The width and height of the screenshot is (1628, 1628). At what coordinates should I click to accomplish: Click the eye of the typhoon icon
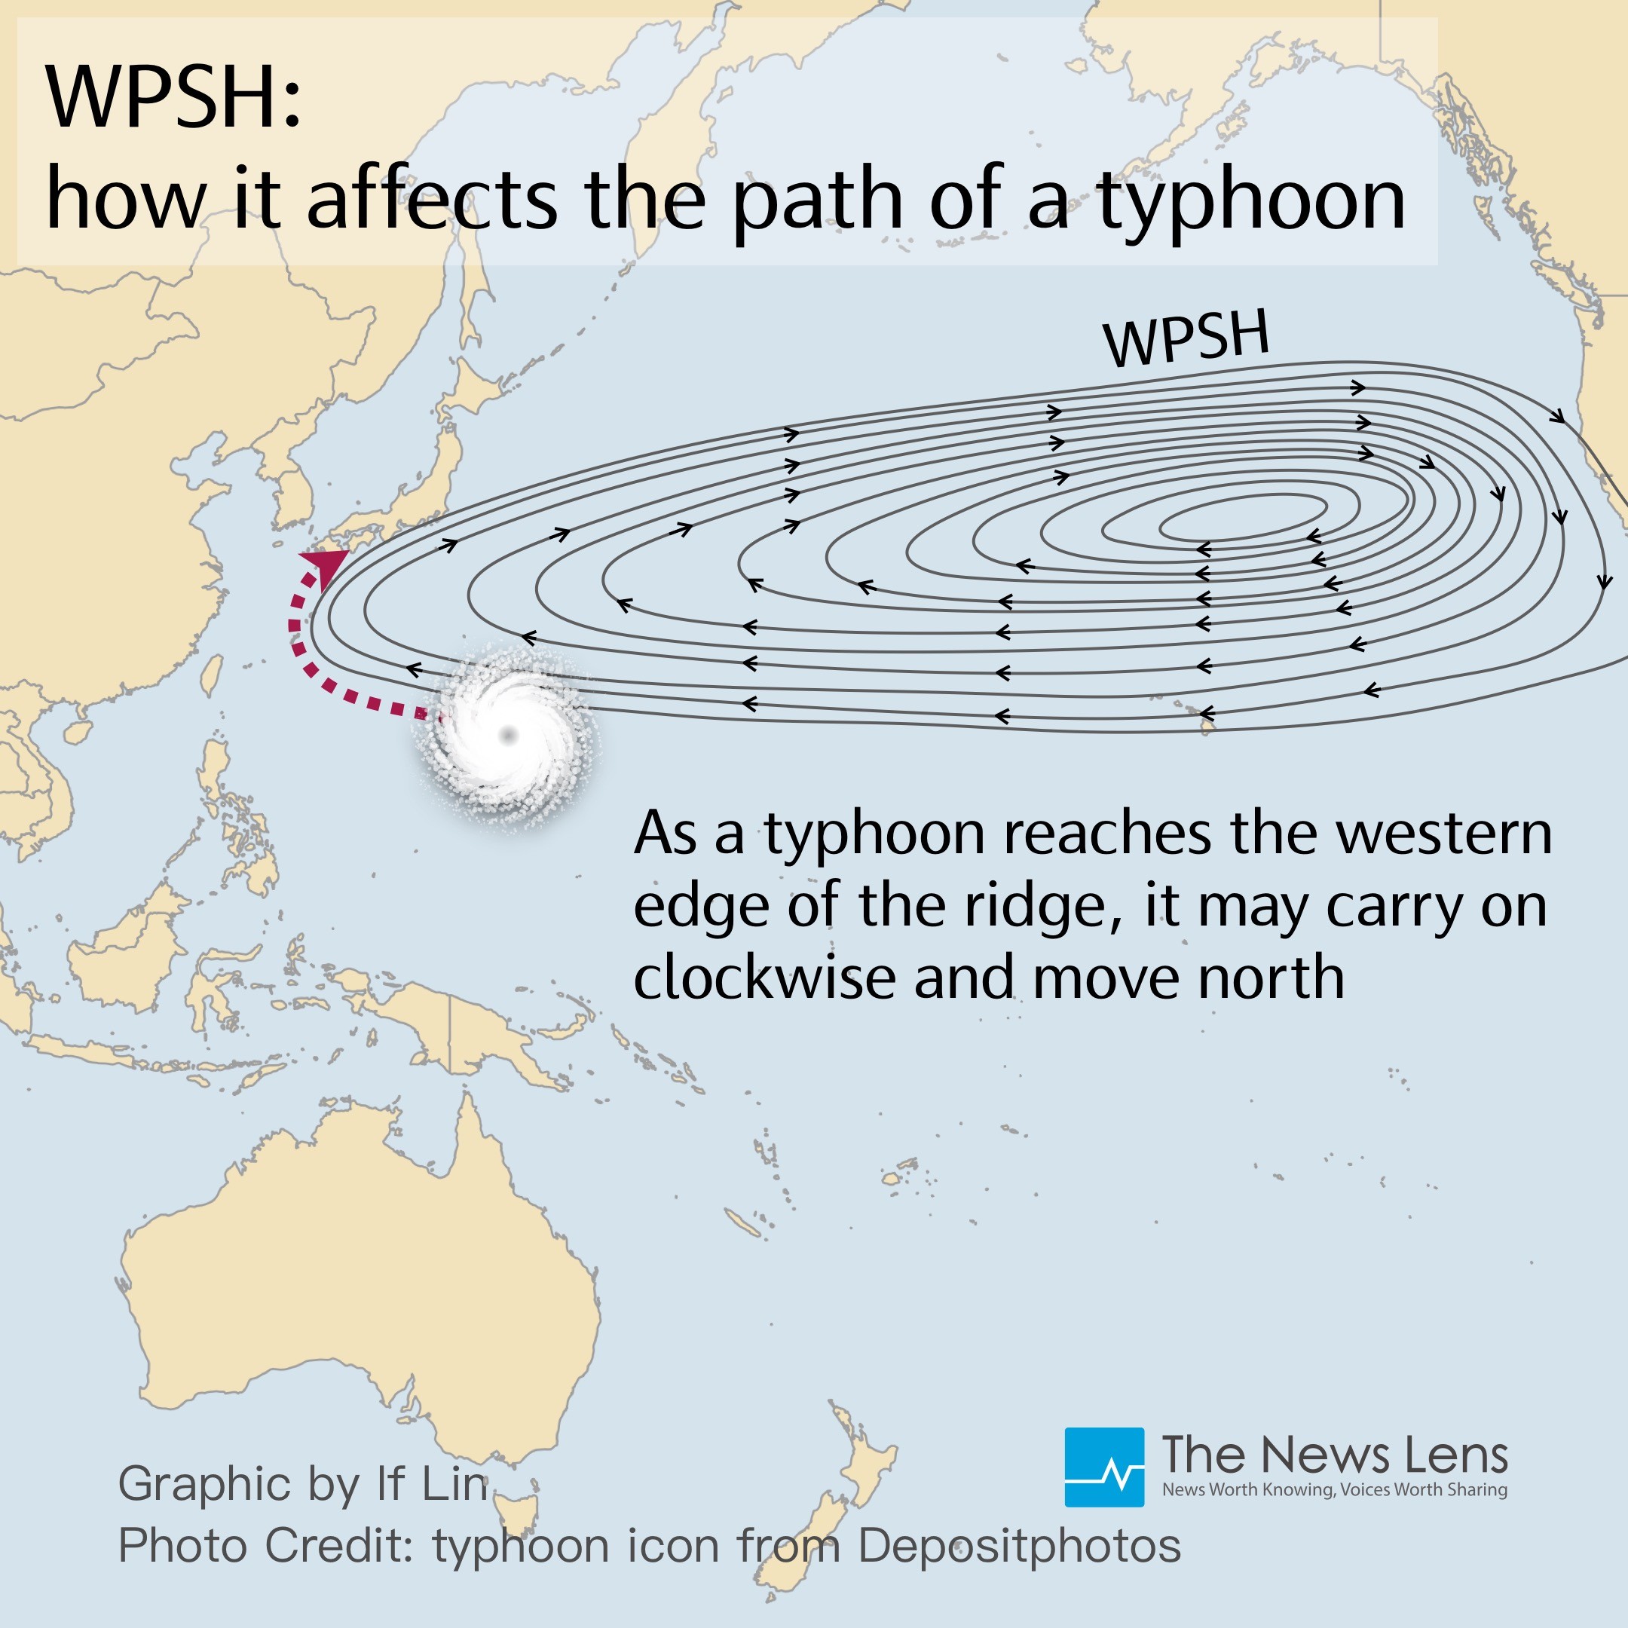pyautogui.click(x=508, y=736)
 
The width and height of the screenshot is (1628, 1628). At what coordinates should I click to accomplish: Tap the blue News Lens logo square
pyautogui.click(x=1104, y=1467)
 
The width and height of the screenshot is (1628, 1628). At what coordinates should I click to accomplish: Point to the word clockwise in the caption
pyautogui.click(x=764, y=978)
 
